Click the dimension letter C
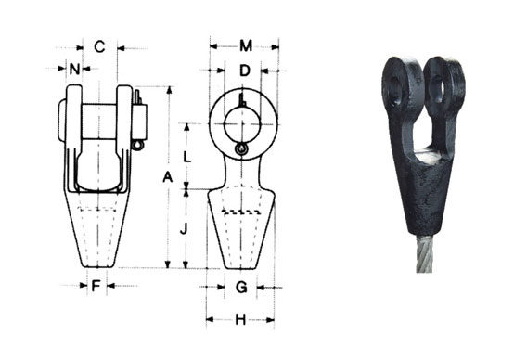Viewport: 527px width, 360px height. click(x=100, y=45)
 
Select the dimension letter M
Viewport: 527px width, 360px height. click(x=245, y=45)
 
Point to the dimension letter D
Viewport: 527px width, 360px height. click(x=244, y=71)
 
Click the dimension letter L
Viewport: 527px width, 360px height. click(x=188, y=157)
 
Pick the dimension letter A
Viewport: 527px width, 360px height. click(x=167, y=176)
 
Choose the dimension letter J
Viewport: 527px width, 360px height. click(x=186, y=227)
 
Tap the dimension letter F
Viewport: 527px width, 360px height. click(x=96, y=286)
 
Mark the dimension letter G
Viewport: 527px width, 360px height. click(x=241, y=288)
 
